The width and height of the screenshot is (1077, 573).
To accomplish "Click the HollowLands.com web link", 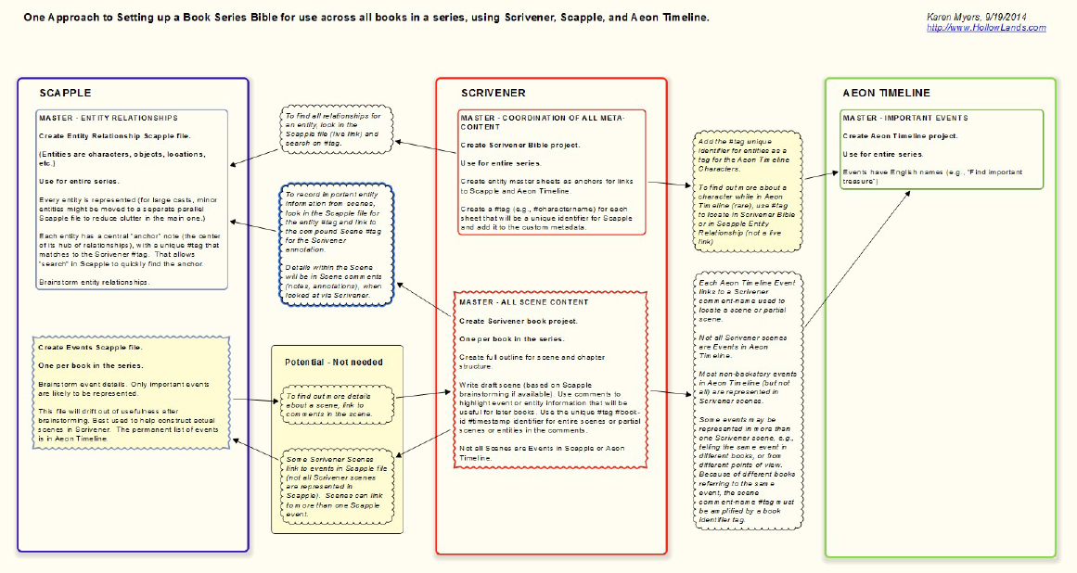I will point(986,28).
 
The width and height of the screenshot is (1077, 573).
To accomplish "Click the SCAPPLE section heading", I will point(64,93).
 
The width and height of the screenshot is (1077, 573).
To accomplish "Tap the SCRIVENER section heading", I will point(494,93).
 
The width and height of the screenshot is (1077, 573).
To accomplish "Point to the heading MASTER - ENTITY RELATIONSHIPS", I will point(109,118).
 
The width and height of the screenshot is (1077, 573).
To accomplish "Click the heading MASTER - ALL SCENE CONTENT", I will point(524,302).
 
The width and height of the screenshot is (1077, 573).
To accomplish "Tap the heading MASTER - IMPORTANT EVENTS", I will point(904,118).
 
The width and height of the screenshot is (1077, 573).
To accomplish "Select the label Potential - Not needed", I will point(333,362).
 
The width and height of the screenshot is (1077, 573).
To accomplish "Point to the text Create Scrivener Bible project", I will point(520,146).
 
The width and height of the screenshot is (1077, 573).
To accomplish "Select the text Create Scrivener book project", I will point(519,321).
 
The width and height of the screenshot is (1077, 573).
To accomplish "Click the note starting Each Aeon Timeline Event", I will point(747,399).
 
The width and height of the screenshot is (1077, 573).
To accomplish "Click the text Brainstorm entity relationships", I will point(94,282).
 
